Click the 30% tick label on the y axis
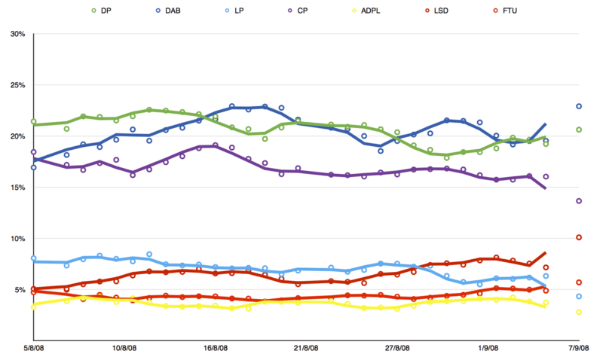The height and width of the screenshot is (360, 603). point(17,34)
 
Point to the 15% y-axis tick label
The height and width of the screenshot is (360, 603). point(17,188)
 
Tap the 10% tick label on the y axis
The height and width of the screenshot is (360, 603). point(17,239)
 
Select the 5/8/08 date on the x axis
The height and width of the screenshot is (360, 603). point(34,348)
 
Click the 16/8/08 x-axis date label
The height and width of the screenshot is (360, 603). point(216,348)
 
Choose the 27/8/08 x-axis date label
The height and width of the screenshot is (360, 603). point(397,348)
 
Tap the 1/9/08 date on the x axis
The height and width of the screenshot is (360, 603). point(488,348)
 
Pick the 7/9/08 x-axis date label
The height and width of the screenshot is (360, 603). point(579,348)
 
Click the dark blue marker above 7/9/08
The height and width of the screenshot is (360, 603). point(579,106)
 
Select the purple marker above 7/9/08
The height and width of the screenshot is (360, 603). point(579,201)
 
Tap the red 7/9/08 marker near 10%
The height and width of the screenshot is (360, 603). point(579,237)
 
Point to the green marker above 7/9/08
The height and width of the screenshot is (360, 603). point(579,130)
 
